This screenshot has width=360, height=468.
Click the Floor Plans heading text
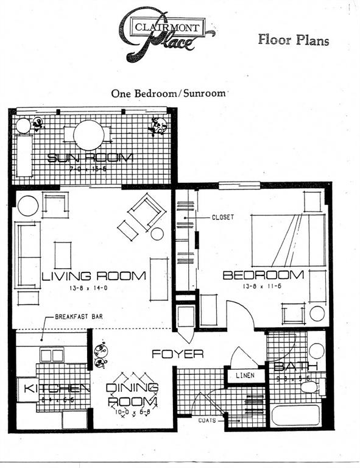click(293, 40)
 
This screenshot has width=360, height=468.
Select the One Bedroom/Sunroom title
click(168, 94)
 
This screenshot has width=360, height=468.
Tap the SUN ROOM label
click(91, 158)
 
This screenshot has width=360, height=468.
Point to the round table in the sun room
click(88, 135)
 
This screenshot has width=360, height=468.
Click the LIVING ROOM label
click(94, 275)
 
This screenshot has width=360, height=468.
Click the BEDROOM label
click(263, 275)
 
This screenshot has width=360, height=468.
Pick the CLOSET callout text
click(223, 217)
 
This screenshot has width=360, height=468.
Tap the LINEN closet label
click(245, 375)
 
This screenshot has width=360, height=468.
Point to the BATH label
click(295, 366)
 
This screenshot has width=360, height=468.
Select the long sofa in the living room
click(27, 255)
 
